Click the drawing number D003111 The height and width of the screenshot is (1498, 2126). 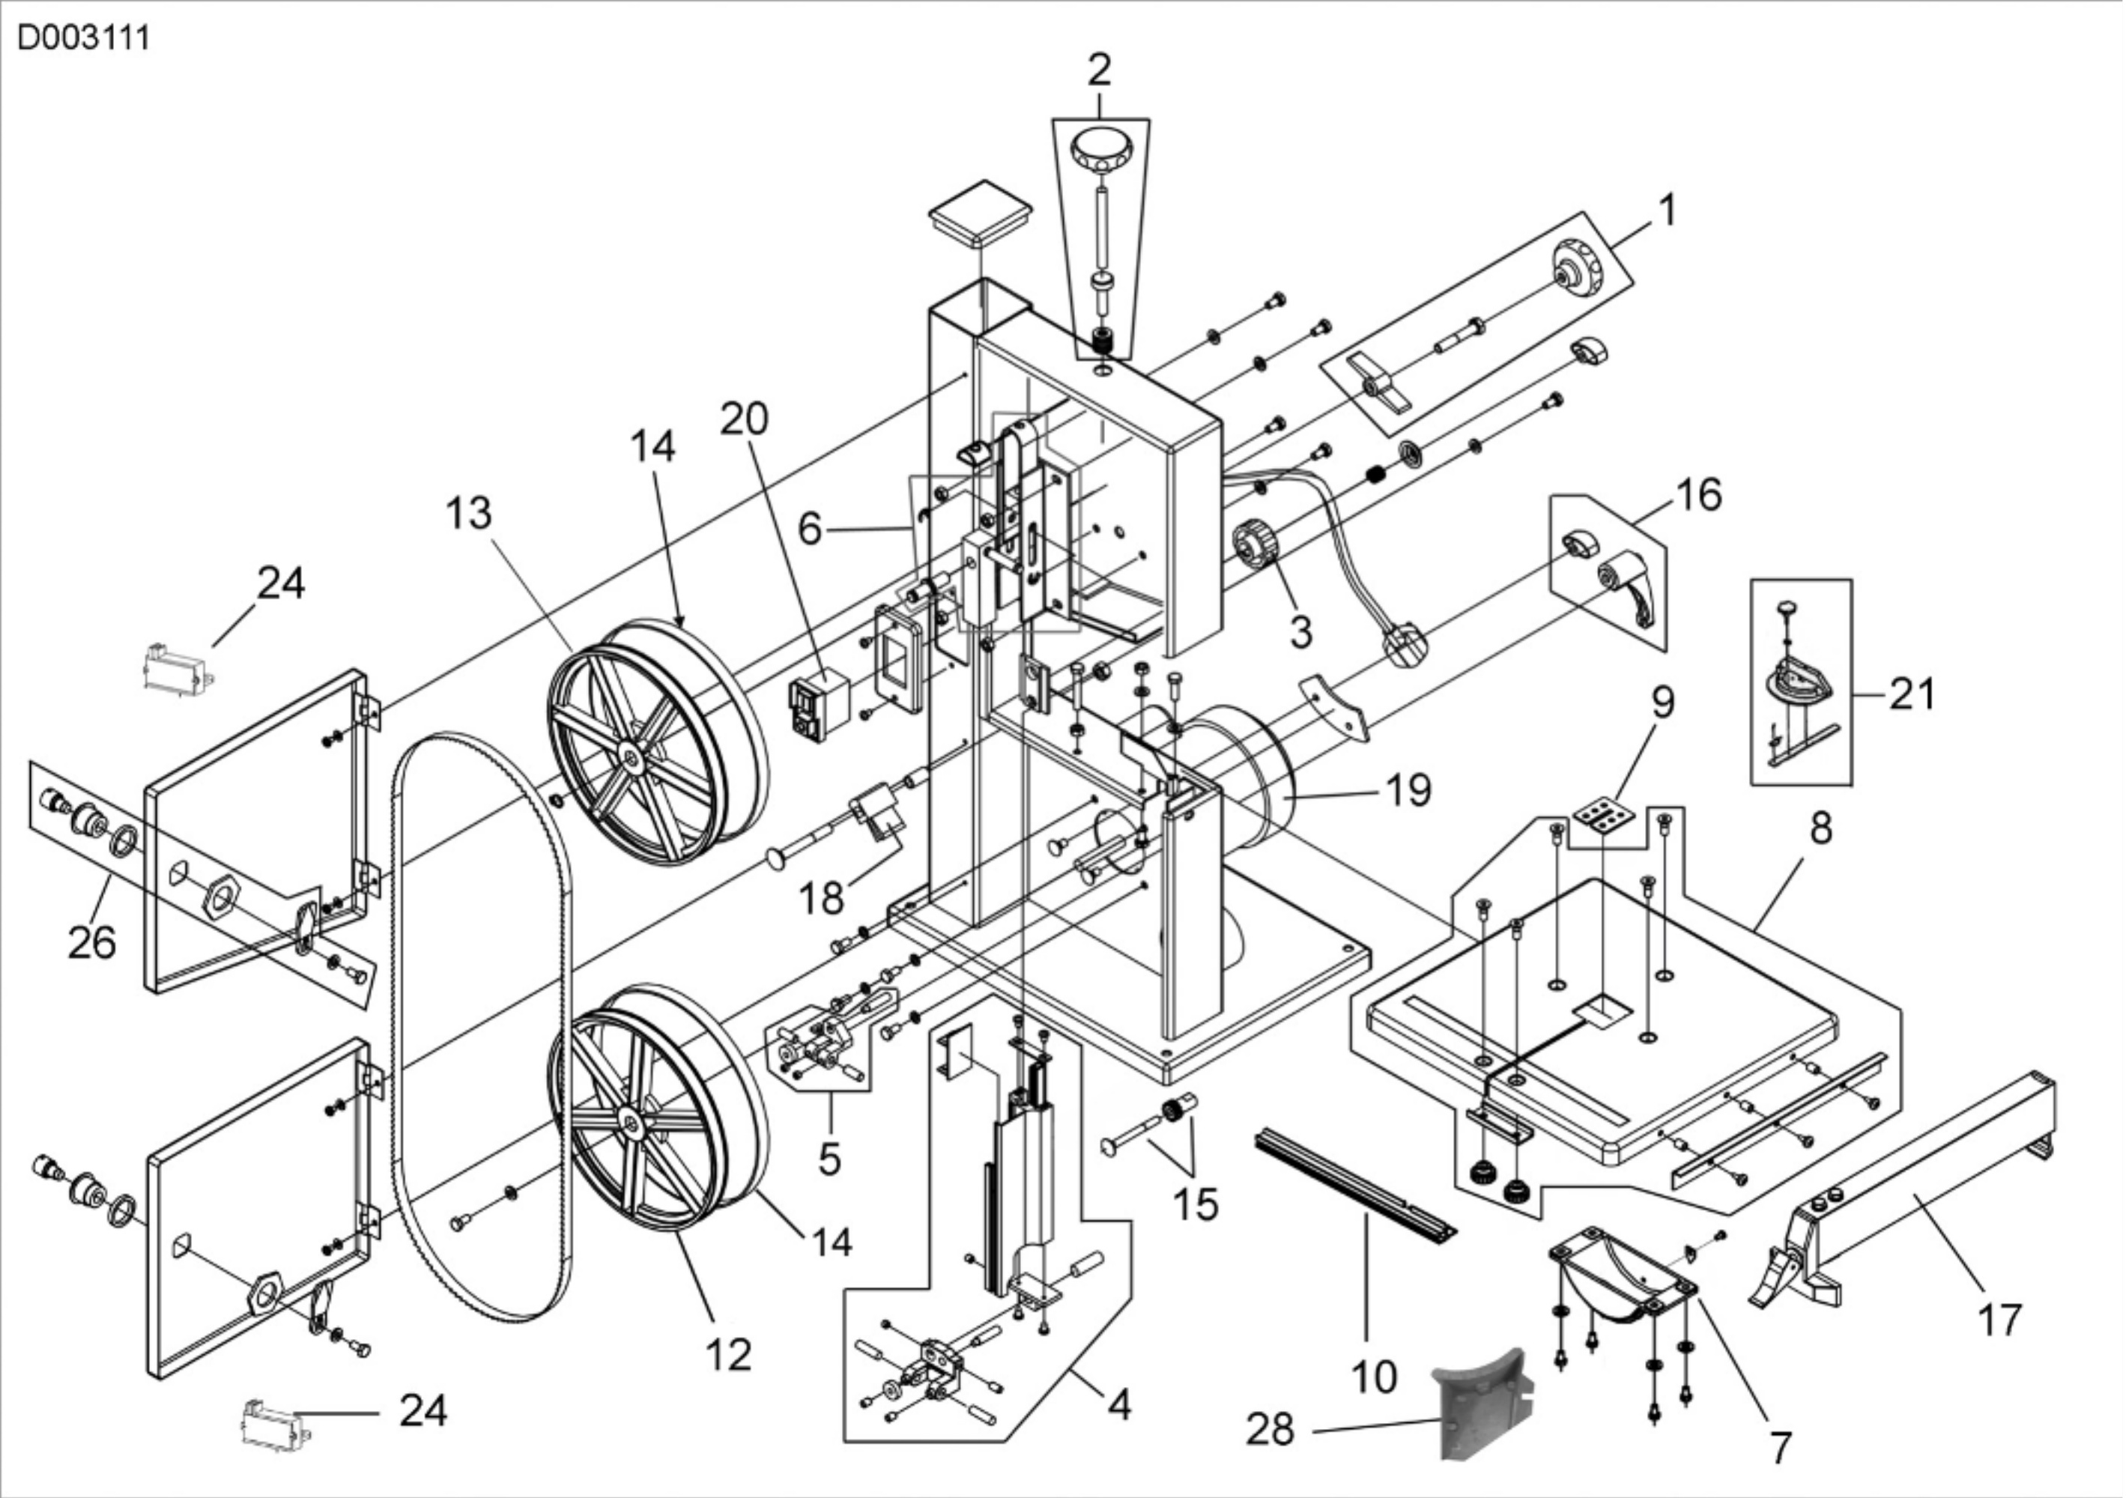coord(84,39)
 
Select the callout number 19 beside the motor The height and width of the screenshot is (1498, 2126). coord(1408,789)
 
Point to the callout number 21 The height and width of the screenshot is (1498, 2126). coord(1911,694)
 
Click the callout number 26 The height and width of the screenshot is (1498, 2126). coord(93,942)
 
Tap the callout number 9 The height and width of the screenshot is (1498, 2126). coord(1663,703)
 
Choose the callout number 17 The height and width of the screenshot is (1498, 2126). coord(1999,1319)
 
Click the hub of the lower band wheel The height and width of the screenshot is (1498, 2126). coord(632,1124)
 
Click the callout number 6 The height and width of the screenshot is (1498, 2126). coord(811,530)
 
